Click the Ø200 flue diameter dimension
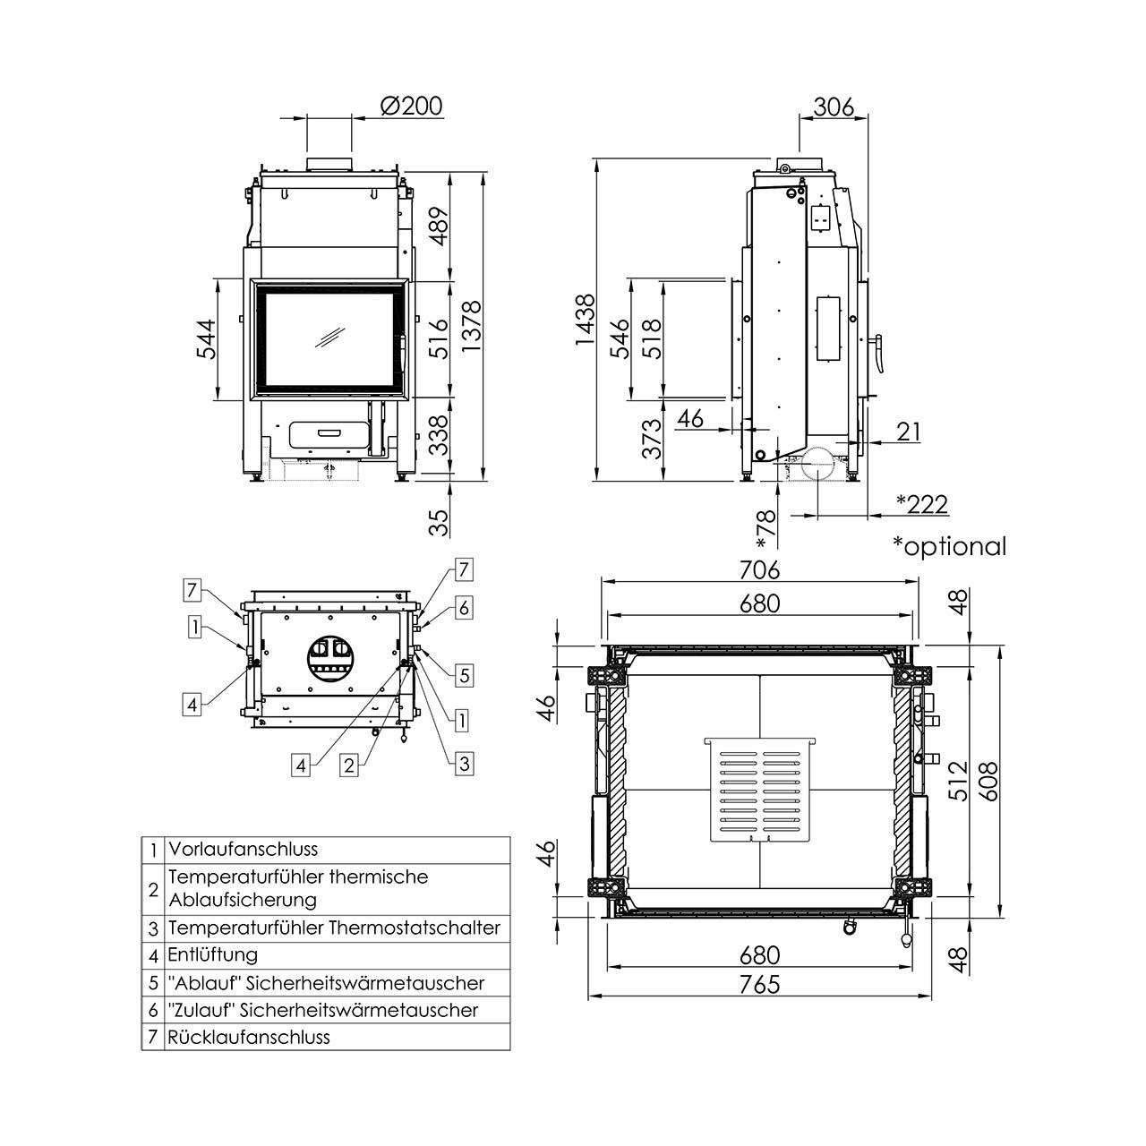coord(411,106)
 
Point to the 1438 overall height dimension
coord(585,320)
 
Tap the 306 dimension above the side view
coord(833,107)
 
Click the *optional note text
coord(949,545)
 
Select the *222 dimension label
coord(921,504)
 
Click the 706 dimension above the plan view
coord(760,569)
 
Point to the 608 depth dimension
coord(987,781)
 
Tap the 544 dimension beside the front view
coord(207,339)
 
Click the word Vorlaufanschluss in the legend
coord(243,849)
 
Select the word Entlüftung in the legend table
coord(213,954)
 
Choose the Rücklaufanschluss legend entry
coord(249,1037)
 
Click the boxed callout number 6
coord(462,608)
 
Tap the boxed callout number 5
coord(464,675)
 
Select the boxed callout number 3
coord(463,764)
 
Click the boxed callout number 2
coord(350,765)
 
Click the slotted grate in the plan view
coord(761,790)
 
